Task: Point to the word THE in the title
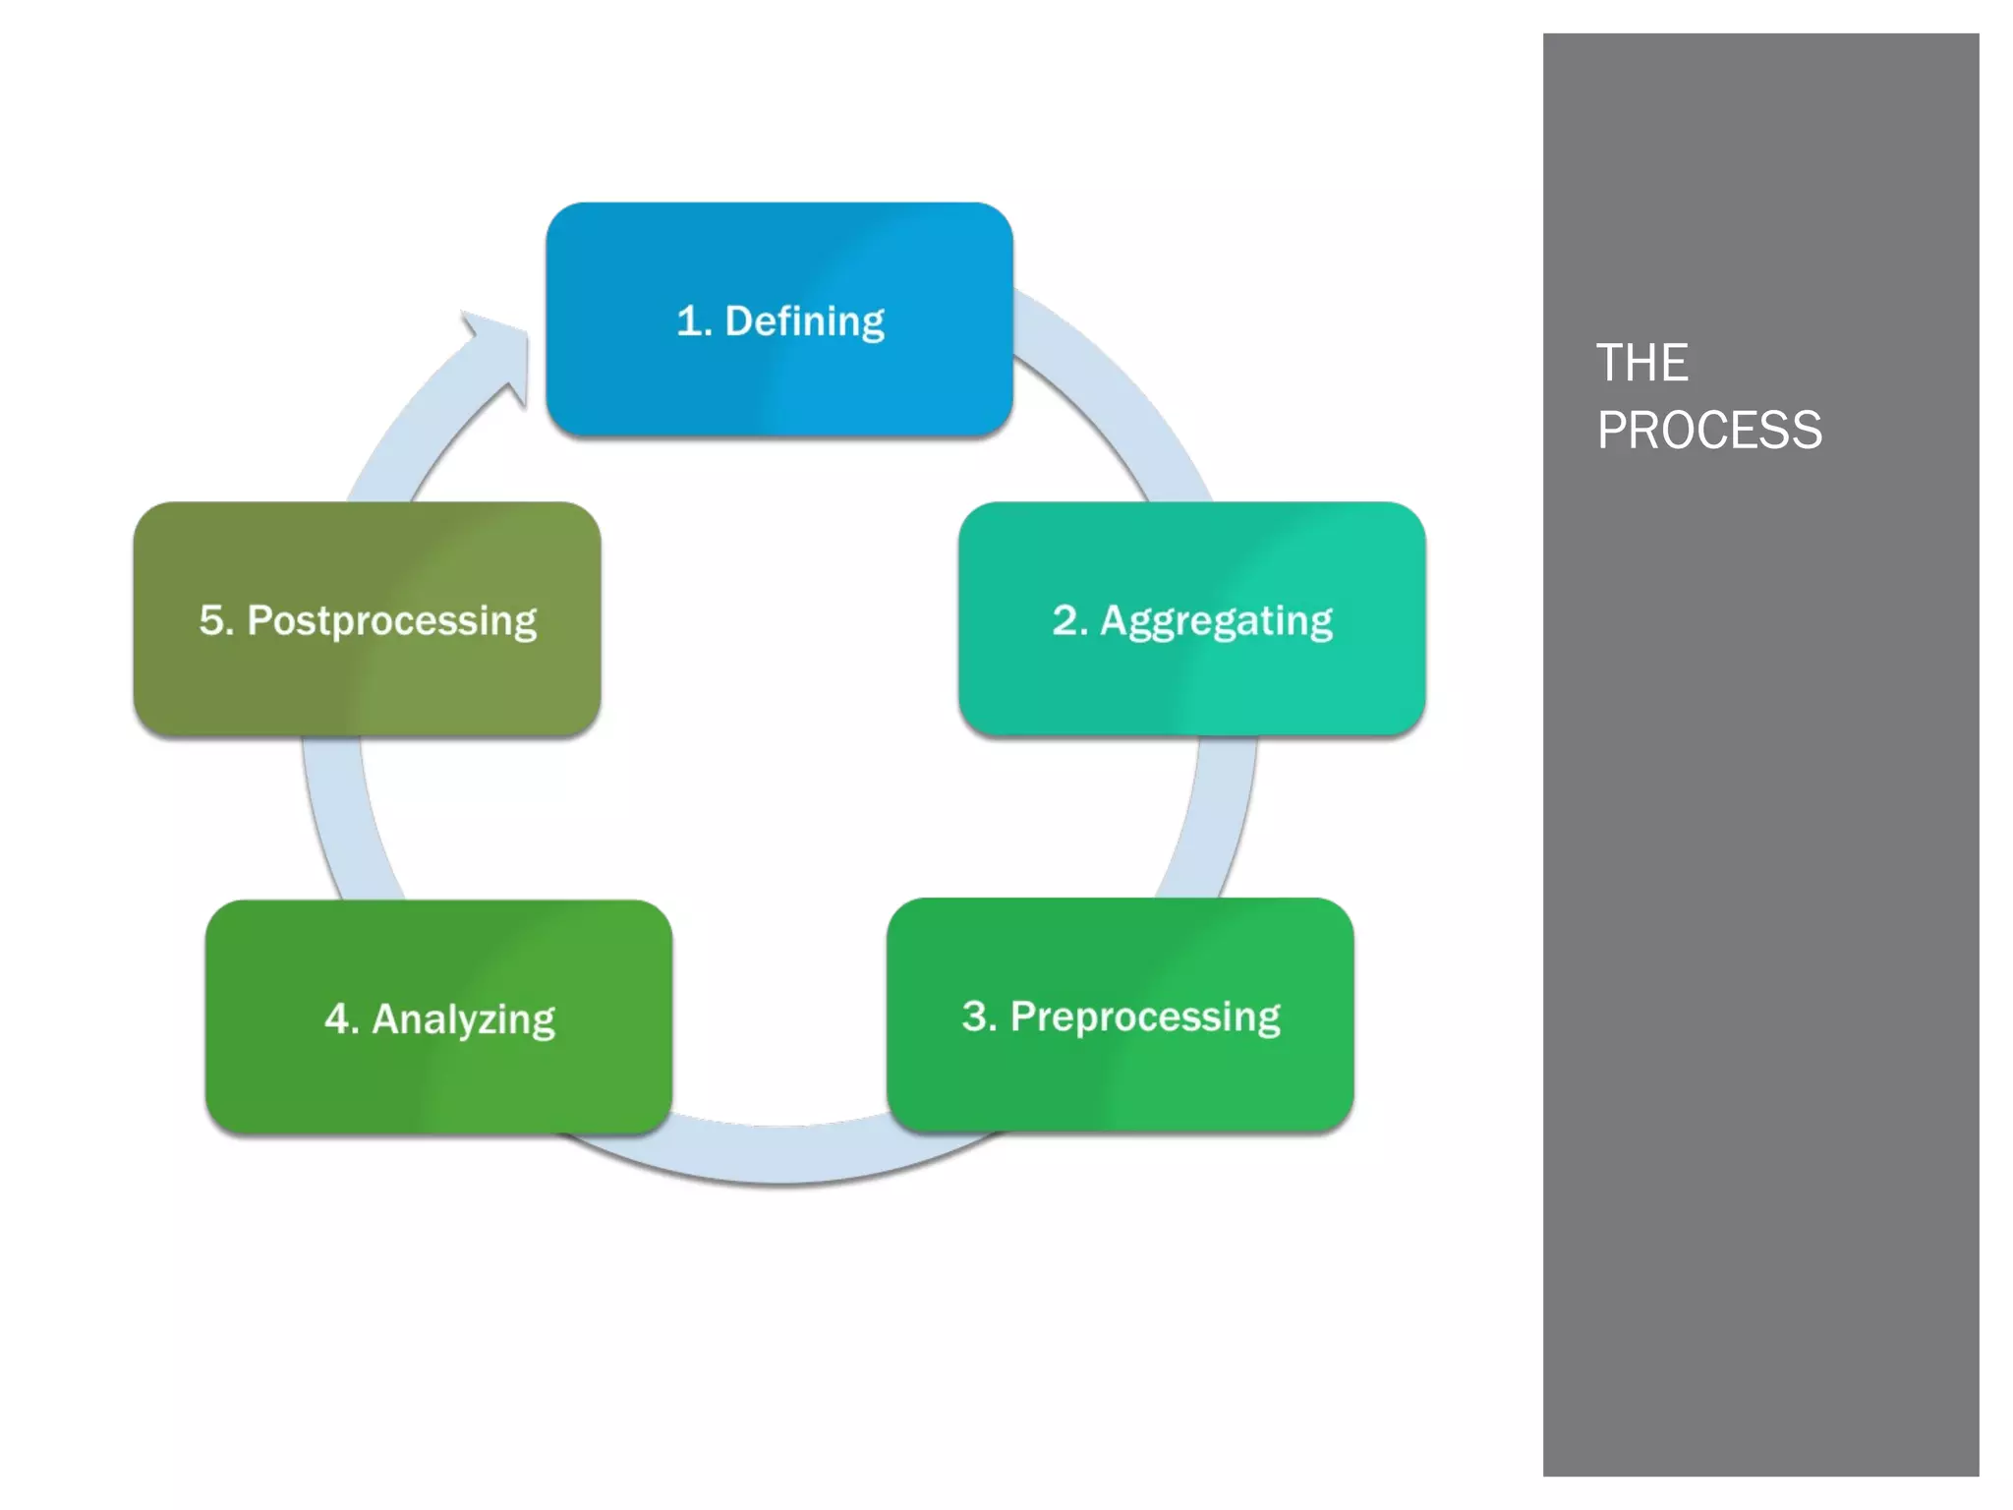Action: pyautogui.click(x=1641, y=363)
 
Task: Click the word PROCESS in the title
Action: pyautogui.click(x=1708, y=431)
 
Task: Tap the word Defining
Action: pyautogui.click(x=804, y=321)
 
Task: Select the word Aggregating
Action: pyautogui.click(x=1216, y=621)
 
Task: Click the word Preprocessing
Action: pyautogui.click(x=1145, y=1016)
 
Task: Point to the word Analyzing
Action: pyautogui.click(x=463, y=1019)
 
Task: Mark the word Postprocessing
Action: pyautogui.click(x=391, y=621)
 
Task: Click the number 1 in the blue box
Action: pyautogui.click(x=690, y=321)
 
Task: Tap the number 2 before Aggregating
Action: pyautogui.click(x=1064, y=620)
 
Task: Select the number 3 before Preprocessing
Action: pyautogui.click(x=975, y=1016)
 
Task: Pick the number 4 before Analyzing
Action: pyautogui.click(x=336, y=1018)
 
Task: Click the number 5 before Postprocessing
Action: pyautogui.click(x=212, y=620)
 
